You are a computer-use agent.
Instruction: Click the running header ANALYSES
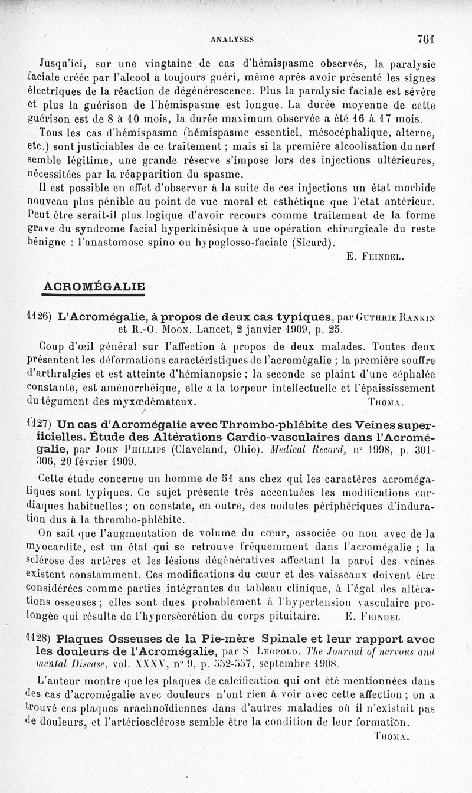[232, 40]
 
